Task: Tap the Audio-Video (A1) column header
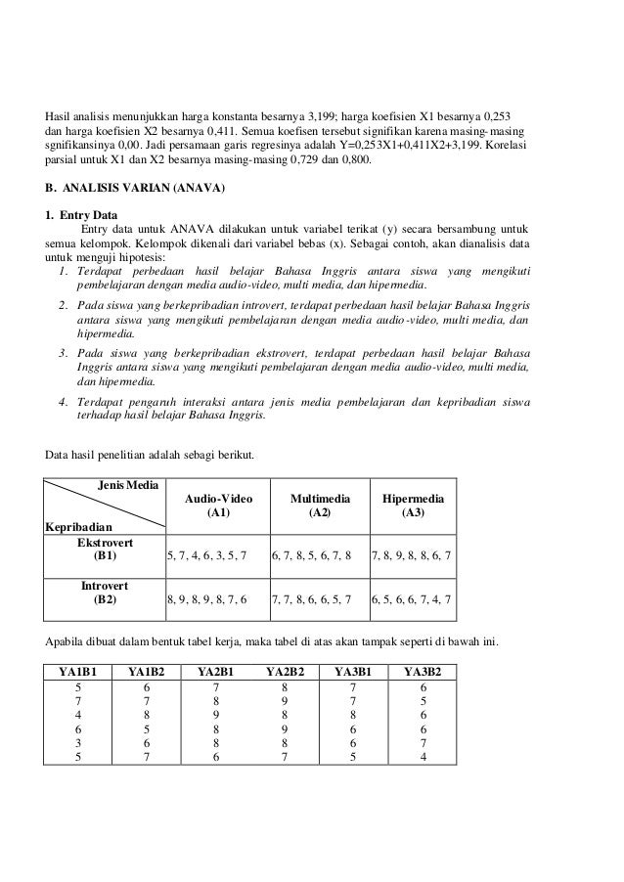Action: pyautogui.click(x=218, y=506)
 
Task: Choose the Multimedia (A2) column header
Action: pyautogui.click(x=319, y=506)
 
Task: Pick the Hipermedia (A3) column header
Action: pyautogui.click(x=413, y=506)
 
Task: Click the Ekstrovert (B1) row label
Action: pyautogui.click(x=105, y=549)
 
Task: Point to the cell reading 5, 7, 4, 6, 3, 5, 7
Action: pyautogui.click(x=210, y=556)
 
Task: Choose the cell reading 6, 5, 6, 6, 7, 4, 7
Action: pyautogui.click(x=412, y=599)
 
